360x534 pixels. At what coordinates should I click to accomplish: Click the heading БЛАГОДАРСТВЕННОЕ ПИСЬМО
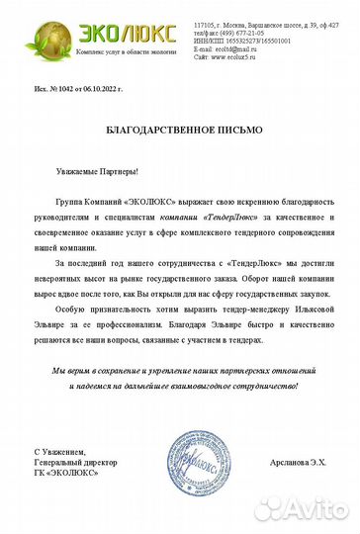[x=180, y=131]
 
